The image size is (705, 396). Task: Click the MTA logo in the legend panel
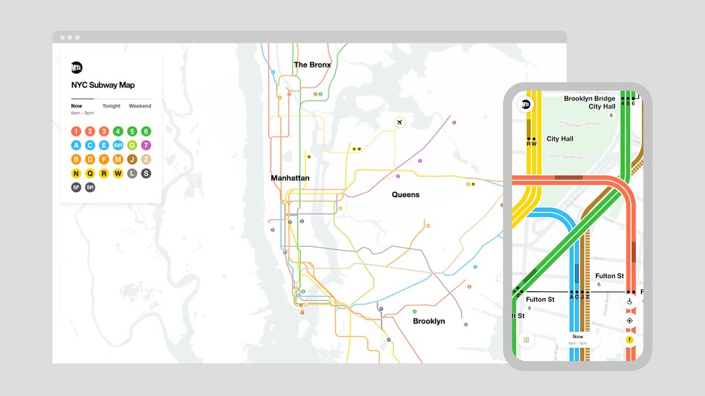(77, 67)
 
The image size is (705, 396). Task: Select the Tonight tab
(112, 106)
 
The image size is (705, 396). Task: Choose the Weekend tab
(140, 106)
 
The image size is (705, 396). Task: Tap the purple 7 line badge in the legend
(146, 145)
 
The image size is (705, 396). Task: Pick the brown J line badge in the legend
(132, 159)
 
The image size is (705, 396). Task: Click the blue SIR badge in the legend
(118, 145)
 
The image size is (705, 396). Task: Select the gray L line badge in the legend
(132, 174)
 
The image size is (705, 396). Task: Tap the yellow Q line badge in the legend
(90, 174)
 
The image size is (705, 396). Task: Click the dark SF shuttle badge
(76, 187)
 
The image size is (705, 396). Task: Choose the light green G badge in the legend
(132, 145)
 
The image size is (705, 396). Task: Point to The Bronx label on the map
(313, 65)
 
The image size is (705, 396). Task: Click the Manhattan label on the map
(290, 178)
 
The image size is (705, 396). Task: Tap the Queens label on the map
(406, 195)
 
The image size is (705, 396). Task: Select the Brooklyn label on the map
(429, 321)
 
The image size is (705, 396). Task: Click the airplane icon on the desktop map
(399, 122)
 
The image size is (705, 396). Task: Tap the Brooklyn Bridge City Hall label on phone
(589, 103)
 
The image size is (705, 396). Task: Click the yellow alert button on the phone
(629, 340)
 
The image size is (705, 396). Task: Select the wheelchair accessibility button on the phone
(629, 302)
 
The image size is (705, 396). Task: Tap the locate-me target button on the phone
(629, 321)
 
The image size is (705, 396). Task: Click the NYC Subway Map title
(103, 85)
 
